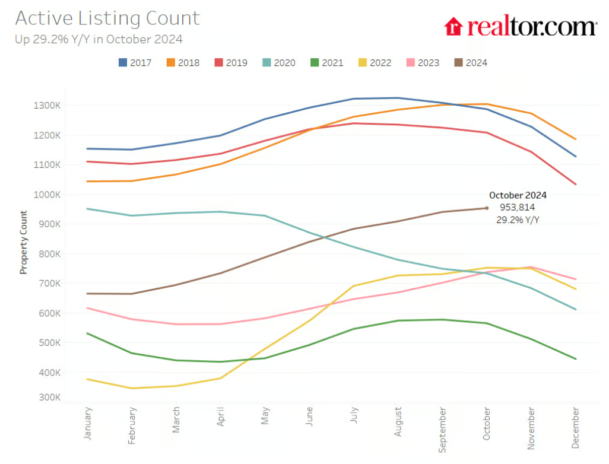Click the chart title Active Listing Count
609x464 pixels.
(107, 18)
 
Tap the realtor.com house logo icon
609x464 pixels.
(453, 26)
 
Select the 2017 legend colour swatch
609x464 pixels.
(123, 62)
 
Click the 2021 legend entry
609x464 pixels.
(326, 62)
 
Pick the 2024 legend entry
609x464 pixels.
(470, 62)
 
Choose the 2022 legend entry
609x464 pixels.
(375, 62)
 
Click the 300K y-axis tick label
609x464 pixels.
(49, 398)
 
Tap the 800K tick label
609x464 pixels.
(49, 254)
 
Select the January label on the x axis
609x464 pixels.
(88, 423)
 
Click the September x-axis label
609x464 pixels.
(442, 429)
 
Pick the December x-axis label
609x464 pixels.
(575, 427)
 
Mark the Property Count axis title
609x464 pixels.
(24, 242)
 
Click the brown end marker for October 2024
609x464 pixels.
(487, 208)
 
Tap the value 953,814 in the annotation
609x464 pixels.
(518, 207)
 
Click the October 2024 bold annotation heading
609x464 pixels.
(518, 195)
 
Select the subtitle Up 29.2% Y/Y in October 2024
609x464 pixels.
(99, 40)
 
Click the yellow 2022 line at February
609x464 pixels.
(132, 388)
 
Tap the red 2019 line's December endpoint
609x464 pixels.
(575, 184)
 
